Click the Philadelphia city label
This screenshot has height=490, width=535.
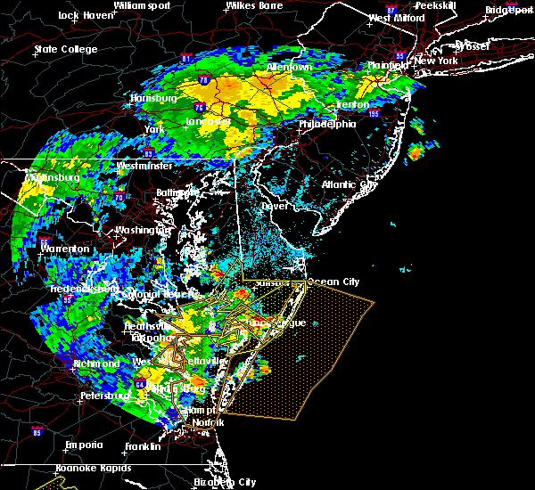327,124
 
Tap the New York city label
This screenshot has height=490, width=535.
436,61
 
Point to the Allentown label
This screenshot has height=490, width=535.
290,68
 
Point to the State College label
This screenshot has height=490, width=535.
65,49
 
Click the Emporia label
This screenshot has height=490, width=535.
84,445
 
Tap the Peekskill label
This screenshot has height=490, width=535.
435,5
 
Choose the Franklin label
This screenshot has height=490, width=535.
143,446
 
